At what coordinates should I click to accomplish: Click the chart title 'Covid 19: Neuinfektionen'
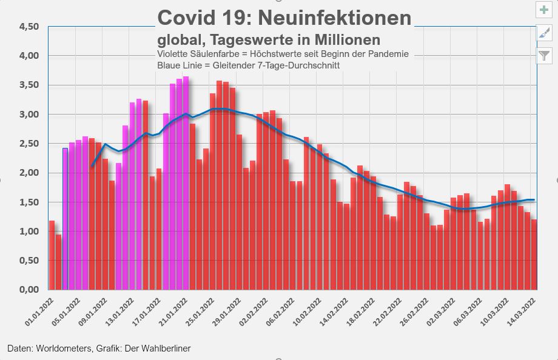[x=284, y=18]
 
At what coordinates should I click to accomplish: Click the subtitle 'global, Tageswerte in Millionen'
[x=269, y=40]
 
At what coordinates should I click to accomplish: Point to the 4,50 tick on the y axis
[x=29, y=27]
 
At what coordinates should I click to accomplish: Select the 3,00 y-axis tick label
[x=29, y=115]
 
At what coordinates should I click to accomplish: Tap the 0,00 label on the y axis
[x=29, y=290]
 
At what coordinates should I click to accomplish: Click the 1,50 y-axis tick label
[x=29, y=202]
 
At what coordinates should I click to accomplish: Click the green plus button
[x=544, y=10]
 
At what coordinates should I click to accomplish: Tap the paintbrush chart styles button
[x=544, y=33]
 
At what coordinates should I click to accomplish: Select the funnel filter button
[x=544, y=56]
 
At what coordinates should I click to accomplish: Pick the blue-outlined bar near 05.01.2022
[x=65, y=218]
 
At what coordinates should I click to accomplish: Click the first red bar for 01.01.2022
[x=52, y=255]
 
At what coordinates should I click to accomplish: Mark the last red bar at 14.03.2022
[x=534, y=255]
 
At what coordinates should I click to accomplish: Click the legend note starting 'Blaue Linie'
[x=247, y=65]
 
